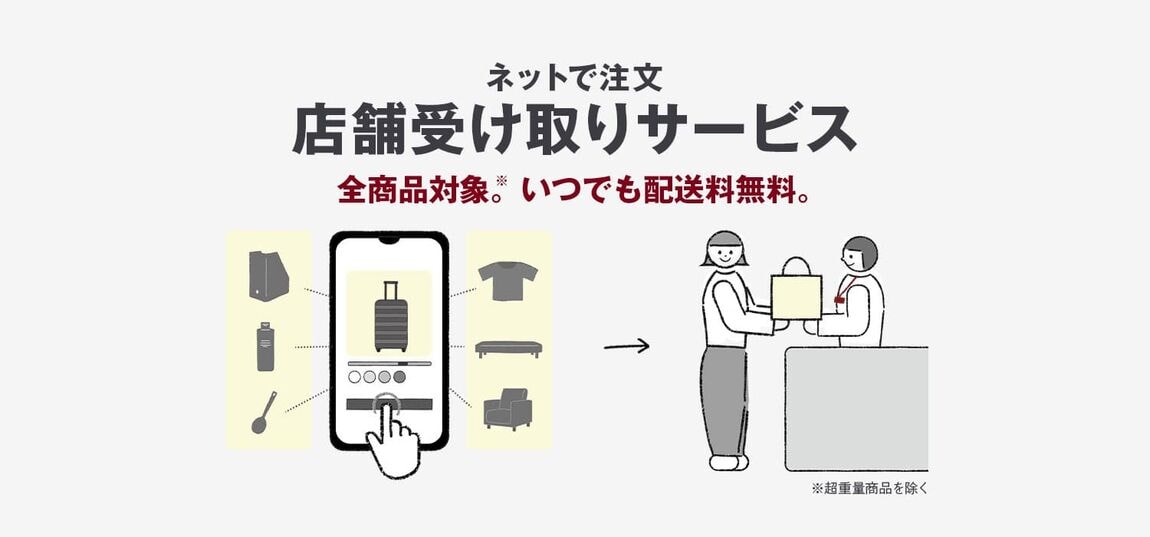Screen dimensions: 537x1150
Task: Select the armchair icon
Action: click(x=507, y=409)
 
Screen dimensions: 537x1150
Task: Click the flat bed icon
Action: click(x=508, y=348)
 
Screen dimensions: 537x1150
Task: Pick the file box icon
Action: click(x=267, y=274)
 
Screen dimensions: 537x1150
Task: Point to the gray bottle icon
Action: click(x=265, y=346)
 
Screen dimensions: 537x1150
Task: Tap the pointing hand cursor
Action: click(x=393, y=441)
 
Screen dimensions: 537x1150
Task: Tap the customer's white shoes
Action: click(x=727, y=462)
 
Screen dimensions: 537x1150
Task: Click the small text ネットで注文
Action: click(x=575, y=75)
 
